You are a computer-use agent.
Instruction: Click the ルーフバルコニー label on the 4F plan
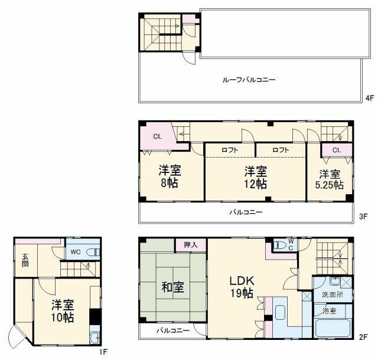(249, 79)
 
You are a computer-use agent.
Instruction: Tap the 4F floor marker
(370, 98)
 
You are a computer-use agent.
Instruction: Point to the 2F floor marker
(364, 338)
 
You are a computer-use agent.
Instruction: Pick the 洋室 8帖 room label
(170, 176)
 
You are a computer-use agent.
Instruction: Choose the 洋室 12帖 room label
(256, 176)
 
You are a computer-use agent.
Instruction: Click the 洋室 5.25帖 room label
(330, 179)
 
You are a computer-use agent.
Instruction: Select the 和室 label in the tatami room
(172, 287)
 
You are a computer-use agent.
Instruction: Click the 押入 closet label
(191, 244)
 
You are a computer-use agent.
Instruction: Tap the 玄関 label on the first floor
(26, 260)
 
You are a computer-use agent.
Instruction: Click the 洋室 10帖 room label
(62, 311)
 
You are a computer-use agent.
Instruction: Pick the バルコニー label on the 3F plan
(246, 212)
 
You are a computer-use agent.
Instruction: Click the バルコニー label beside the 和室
(172, 330)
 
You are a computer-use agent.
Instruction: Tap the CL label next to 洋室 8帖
(157, 136)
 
